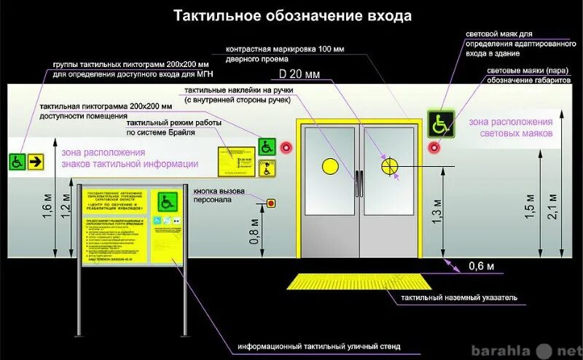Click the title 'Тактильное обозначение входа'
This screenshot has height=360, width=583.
click(x=291, y=15)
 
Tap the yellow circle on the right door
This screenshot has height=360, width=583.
click(x=391, y=165)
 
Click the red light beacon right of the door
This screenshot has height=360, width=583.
click(x=434, y=147)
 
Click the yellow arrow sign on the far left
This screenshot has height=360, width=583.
click(x=34, y=161)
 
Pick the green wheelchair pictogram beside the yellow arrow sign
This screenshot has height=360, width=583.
click(x=16, y=161)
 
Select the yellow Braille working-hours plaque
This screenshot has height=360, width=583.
click(x=238, y=160)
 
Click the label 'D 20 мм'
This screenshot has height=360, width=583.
click(x=300, y=74)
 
